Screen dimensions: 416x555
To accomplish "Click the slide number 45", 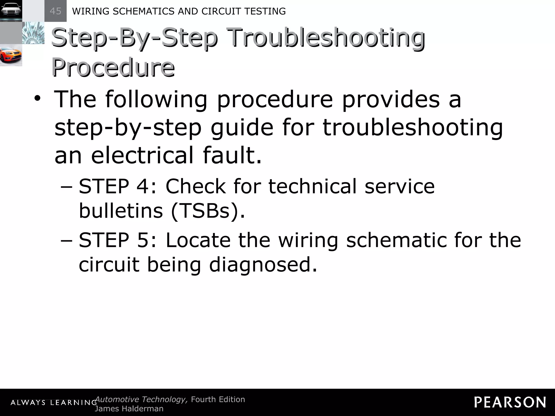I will [55, 11].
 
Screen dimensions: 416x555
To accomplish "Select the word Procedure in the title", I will [113, 67].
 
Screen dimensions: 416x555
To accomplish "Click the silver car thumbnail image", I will [11, 11].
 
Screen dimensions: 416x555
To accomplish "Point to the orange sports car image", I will [11, 55].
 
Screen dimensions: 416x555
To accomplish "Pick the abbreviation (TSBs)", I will [208, 211].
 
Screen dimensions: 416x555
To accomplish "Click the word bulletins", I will [121, 211].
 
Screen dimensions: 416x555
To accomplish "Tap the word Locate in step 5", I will [198, 240].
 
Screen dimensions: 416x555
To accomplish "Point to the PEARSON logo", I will [510, 402].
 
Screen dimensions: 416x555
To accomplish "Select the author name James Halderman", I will [129, 409].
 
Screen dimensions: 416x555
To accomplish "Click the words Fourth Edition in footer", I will [218, 399].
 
